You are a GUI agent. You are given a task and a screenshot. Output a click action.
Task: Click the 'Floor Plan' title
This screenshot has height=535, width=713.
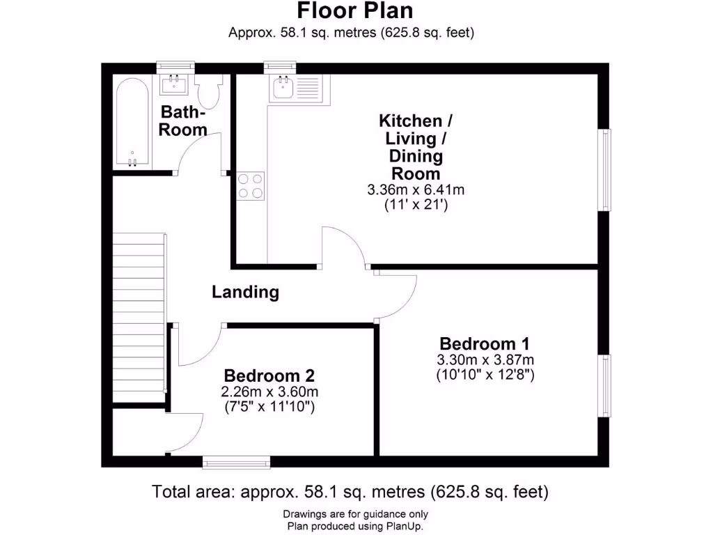point(355,11)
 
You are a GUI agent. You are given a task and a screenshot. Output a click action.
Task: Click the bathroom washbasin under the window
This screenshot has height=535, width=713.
point(174,85)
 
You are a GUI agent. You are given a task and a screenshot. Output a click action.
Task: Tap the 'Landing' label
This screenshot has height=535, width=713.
point(245,292)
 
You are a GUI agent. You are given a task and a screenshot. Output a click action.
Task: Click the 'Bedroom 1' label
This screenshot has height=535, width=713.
point(485,343)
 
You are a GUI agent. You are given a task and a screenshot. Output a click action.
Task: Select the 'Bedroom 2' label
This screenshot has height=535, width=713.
point(269,375)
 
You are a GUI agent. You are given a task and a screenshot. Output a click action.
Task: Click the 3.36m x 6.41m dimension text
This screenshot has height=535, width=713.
point(416,189)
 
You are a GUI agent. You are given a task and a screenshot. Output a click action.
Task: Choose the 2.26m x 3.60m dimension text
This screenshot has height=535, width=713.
point(269,391)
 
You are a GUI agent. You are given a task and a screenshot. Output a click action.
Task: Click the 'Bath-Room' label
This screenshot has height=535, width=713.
point(183,121)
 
